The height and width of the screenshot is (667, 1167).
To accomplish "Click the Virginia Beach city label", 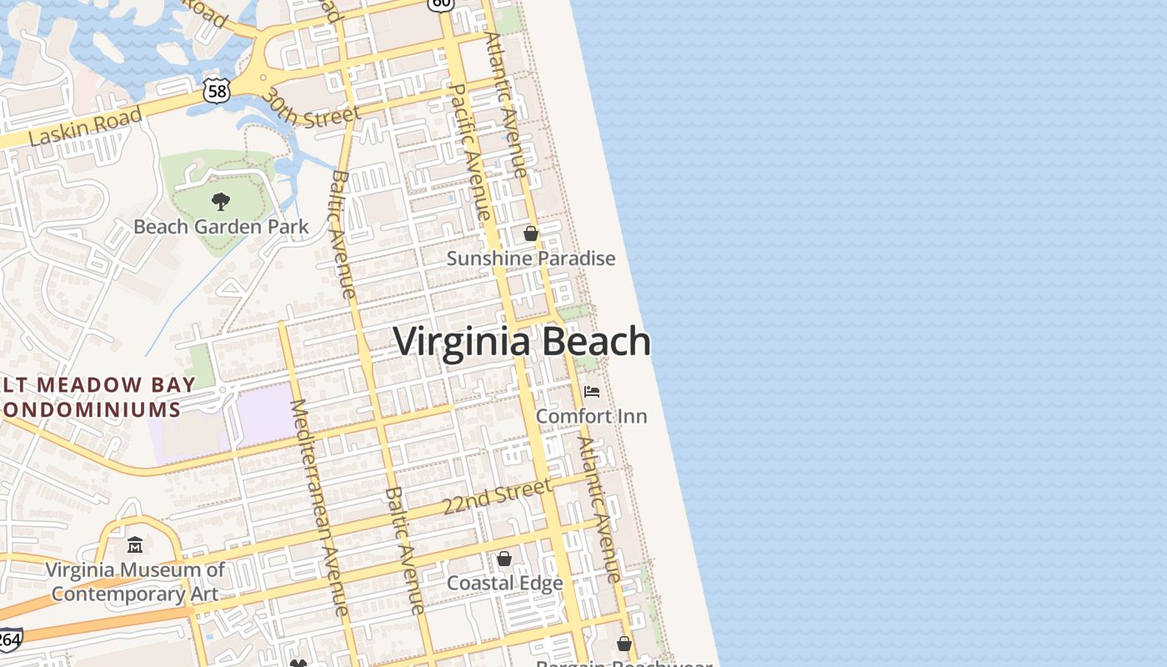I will click(x=522, y=342).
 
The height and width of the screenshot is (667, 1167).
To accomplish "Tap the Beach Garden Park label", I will click(x=221, y=227).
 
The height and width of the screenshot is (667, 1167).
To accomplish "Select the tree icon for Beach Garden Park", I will click(x=221, y=201).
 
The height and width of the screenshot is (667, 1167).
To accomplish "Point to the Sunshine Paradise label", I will click(x=531, y=258).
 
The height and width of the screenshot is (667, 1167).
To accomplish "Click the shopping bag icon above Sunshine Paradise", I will click(x=531, y=233).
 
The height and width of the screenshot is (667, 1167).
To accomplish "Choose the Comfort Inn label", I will click(x=591, y=416).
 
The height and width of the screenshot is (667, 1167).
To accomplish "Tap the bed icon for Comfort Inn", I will click(x=591, y=391).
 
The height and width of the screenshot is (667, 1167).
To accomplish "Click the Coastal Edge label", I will click(x=504, y=584).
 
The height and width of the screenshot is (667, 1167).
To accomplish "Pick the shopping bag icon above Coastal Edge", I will click(x=504, y=559).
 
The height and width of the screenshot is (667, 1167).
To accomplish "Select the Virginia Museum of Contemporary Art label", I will click(x=135, y=582).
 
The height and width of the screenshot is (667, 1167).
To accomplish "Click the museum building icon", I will click(x=135, y=545).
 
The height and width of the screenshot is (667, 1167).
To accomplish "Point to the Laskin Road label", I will click(x=86, y=128).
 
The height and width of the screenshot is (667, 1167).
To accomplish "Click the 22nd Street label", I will click(x=497, y=497).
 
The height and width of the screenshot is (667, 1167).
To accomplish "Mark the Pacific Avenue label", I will click(x=470, y=152).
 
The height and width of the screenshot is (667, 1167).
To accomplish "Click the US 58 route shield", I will click(x=218, y=91).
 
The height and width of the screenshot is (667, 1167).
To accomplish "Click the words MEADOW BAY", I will click(x=117, y=385).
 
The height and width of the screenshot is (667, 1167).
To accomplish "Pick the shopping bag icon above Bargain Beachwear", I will click(x=624, y=644).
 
